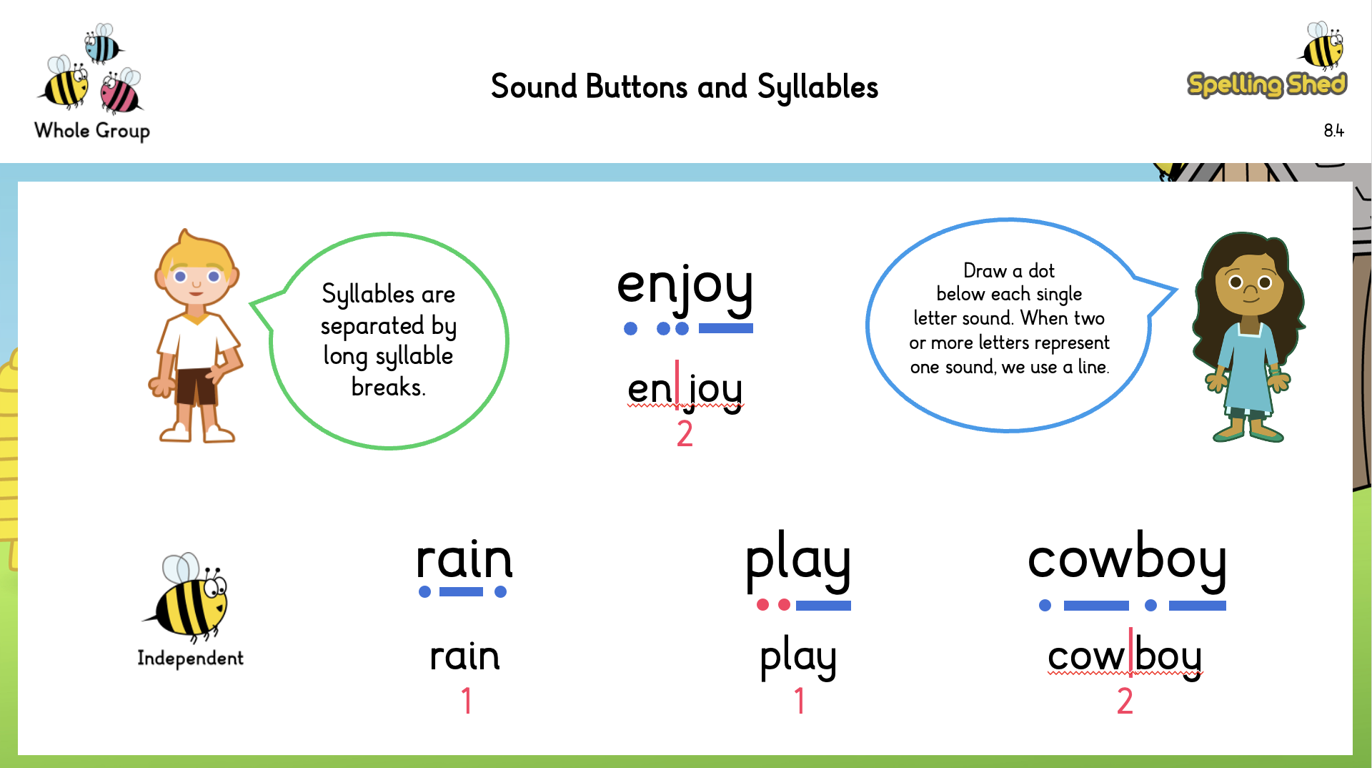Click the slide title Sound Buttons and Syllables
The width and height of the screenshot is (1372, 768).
684,87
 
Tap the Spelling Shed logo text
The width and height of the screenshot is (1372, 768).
1266,84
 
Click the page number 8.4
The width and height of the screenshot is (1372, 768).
1333,131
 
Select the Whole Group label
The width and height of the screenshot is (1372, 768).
92,131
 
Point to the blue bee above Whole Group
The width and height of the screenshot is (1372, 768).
102,44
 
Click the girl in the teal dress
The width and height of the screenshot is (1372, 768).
1248,336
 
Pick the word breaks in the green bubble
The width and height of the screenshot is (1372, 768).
388,388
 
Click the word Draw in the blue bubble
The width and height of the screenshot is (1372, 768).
984,271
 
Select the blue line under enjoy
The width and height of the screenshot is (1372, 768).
725,329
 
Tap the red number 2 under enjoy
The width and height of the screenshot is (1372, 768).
685,433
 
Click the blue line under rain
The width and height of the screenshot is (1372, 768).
461,592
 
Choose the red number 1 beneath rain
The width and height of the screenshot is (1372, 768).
467,701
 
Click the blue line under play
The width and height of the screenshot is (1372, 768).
823,606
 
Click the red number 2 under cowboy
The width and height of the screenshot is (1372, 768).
1125,701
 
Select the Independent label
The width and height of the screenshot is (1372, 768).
190,659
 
